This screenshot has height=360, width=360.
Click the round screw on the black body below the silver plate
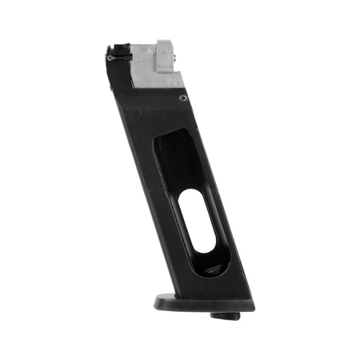point(183,98)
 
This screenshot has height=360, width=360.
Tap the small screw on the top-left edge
point(110,58)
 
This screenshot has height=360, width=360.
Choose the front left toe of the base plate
point(158,301)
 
